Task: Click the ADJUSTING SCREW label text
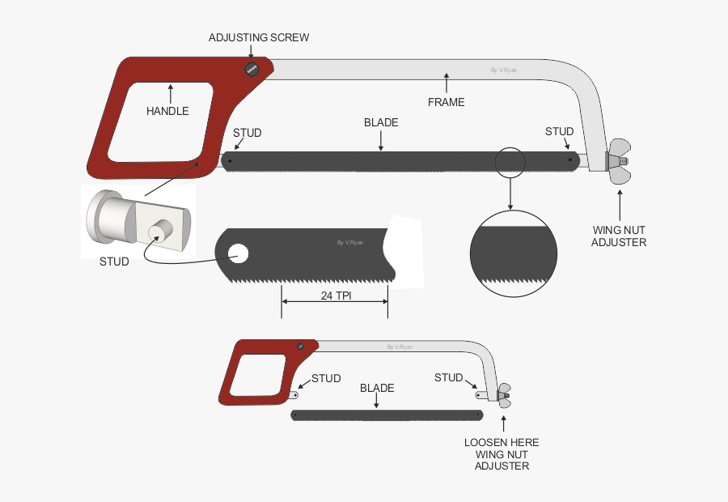[x=259, y=37]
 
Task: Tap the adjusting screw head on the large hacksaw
[x=252, y=70]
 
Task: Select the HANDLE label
[x=167, y=111]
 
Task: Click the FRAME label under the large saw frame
[x=446, y=102]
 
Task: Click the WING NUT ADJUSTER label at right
[x=619, y=236]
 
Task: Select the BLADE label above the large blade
[x=381, y=123]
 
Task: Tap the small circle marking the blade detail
[x=511, y=161]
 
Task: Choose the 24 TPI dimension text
[x=335, y=296]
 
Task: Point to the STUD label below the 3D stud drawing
[x=114, y=262]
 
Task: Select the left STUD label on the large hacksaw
[x=247, y=133]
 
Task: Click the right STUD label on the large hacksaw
[x=559, y=131]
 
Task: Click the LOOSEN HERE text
[x=502, y=443]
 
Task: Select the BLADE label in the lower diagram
[x=377, y=388]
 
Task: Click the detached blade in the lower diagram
[x=386, y=415]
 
